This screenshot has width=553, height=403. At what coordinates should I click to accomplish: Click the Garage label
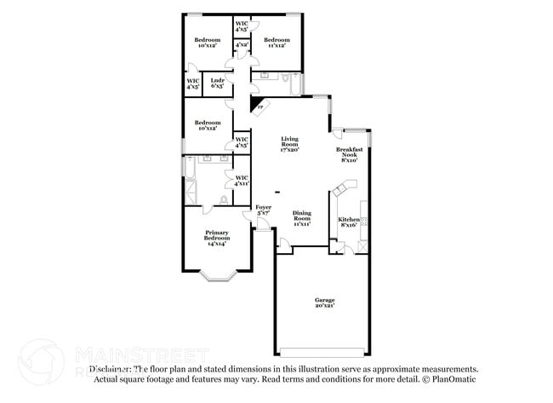[324, 302]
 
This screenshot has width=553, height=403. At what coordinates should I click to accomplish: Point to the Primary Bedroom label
[217, 238]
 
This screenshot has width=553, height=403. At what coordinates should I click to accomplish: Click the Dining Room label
[302, 217]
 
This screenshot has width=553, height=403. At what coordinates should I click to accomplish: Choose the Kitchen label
[349, 222]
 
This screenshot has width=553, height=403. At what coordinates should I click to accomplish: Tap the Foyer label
[263, 210]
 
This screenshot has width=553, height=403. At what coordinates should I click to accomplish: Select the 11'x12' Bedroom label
[276, 43]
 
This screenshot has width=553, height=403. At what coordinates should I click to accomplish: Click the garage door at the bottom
[324, 351]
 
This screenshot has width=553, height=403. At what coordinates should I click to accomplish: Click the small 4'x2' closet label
[241, 44]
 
